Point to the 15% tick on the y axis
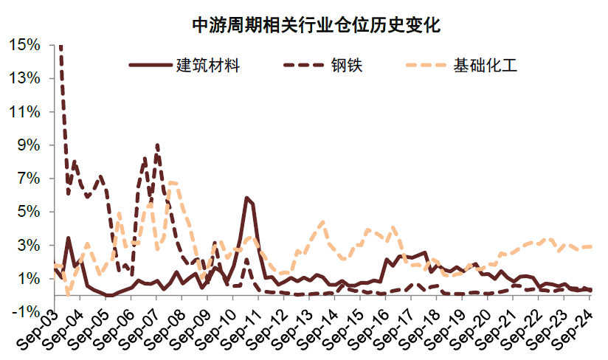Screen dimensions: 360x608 click(24, 45)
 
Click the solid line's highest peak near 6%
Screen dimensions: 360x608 click(247, 198)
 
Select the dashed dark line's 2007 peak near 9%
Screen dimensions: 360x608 click(157, 145)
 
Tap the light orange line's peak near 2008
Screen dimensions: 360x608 click(172, 182)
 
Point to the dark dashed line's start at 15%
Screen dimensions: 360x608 click(61, 46)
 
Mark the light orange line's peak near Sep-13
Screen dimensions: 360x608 click(322, 221)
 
